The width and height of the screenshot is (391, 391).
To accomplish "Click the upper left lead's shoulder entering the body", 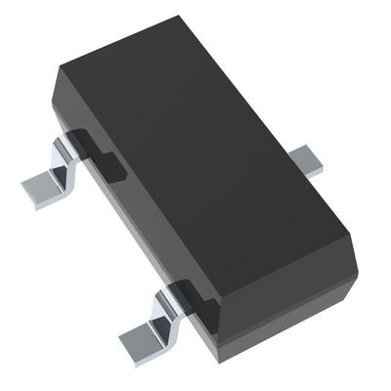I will coord(78,147).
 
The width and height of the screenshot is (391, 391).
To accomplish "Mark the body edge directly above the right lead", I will coord(293,142).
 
